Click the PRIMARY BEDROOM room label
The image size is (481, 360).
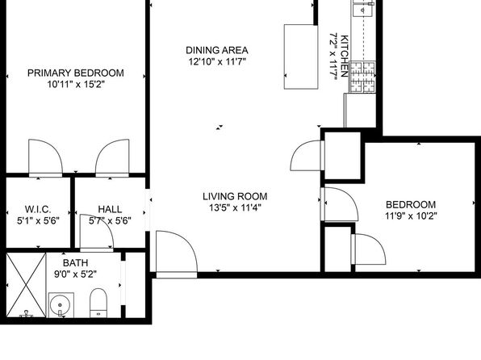point(76,73)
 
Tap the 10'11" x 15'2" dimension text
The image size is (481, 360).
point(76,84)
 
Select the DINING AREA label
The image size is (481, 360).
point(217,50)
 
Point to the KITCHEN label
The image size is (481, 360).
point(345,56)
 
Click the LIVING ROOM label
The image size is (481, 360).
point(235,196)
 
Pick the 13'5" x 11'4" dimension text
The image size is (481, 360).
point(235,207)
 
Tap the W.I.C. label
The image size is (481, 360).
point(38,209)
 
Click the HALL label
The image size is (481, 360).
point(110,209)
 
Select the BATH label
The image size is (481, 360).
point(76,262)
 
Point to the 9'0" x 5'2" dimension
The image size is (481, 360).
point(76,274)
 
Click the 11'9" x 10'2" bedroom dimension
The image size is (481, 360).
point(411,216)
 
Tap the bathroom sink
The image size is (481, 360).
point(61,305)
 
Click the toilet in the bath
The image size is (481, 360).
point(98,303)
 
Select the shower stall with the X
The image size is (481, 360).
point(26,285)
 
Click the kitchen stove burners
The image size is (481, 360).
point(362,77)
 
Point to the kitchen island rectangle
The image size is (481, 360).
point(301,57)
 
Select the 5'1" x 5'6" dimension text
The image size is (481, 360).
point(38,220)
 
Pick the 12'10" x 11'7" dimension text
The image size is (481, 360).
point(217,61)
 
